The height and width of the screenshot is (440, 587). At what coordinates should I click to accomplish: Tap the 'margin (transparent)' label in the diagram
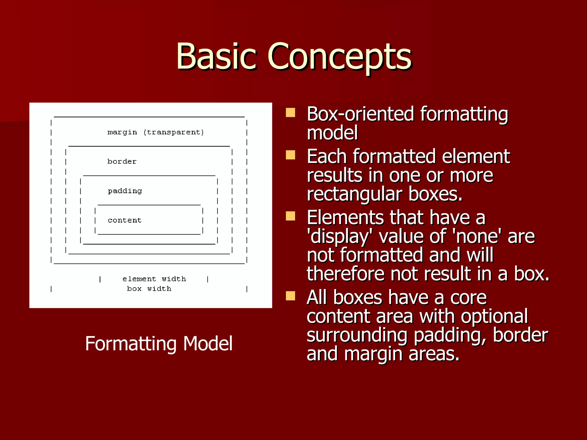point(156,132)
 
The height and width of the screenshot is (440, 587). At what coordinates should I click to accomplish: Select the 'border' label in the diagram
point(122,162)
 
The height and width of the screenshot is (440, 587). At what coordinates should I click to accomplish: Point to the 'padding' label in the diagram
point(125,191)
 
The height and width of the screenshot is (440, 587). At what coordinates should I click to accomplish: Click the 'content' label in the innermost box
point(124,220)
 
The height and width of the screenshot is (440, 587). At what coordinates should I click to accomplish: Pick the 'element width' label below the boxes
point(154,279)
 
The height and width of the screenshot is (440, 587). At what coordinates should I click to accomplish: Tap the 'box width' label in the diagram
point(149,289)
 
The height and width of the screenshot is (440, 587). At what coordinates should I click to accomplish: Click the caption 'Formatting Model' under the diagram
point(159,343)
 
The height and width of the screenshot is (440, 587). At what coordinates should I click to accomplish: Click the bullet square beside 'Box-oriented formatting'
point(290,113)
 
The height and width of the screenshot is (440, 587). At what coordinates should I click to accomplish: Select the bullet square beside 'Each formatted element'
point(290,155)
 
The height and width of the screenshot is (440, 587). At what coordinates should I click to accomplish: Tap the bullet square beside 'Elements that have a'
point(290,216)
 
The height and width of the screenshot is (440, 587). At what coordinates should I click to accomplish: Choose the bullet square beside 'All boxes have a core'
point(290,296)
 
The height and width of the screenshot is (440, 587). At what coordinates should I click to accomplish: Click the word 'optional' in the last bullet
point(494,316)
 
